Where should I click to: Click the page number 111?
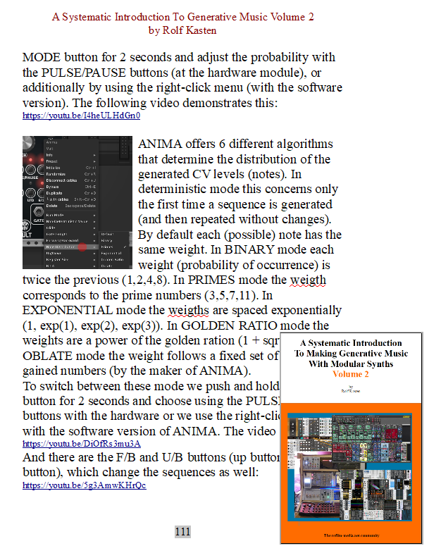coord(182,532)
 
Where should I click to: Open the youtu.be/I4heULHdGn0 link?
coord(81,116)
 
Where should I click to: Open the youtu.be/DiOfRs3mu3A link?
coord(81,444)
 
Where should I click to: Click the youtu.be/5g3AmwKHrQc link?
coord(85,485)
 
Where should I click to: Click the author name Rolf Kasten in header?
coord(182,30)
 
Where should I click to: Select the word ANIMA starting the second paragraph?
coord(158,144)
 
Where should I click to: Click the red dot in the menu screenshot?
coord(82,248)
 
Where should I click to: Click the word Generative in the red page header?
coord(214,15)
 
